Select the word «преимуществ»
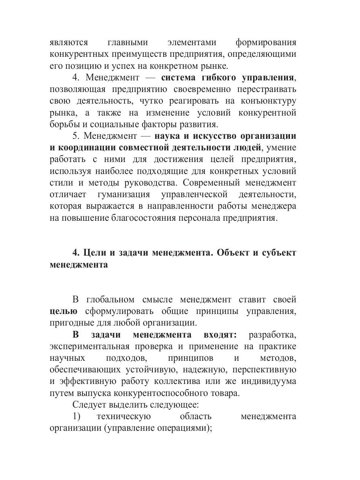tap(144, 54)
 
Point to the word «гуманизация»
tap(123, 195)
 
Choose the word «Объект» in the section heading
tap(239, 253)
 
